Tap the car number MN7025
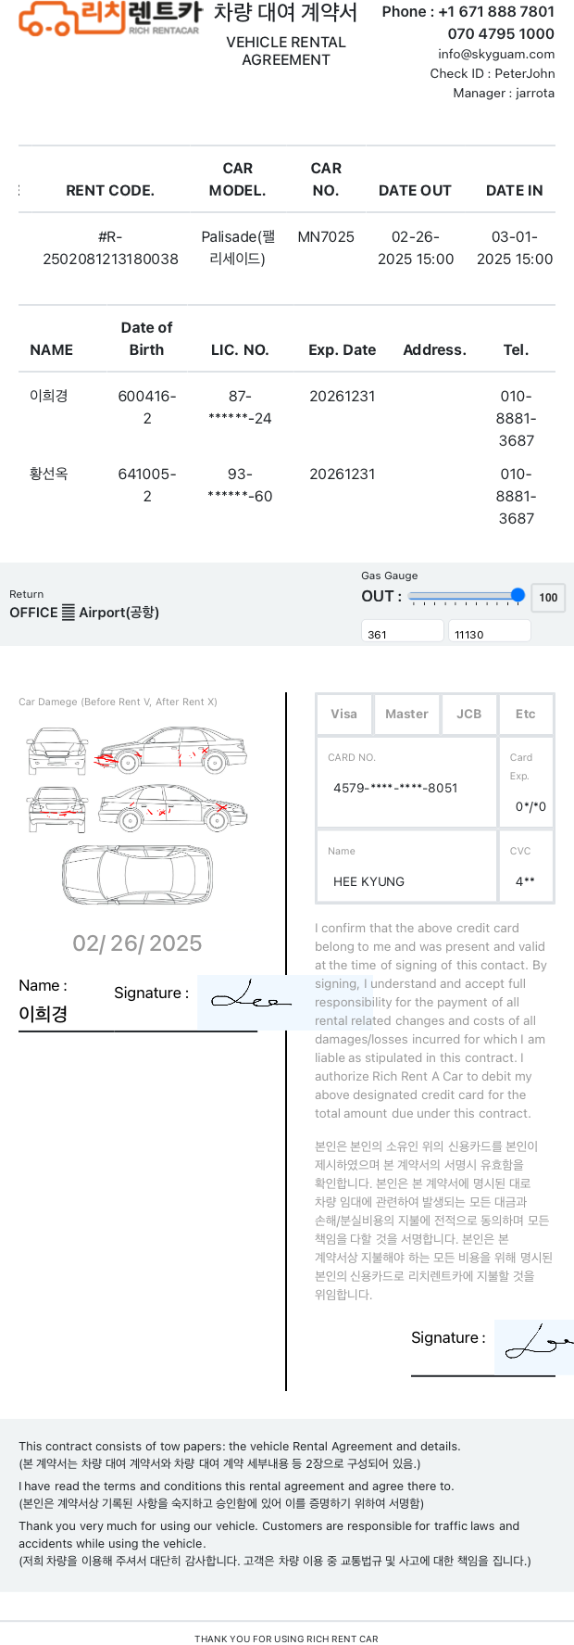point(326,237)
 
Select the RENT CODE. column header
point(110,191)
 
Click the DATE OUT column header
point(415,191)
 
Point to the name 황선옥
point(49,474)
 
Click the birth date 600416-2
point(147,407)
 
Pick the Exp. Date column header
point(343,350)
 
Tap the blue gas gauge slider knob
point(518,596)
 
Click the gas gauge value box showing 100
point(548,598)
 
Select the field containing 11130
point(489,634)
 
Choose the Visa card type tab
point(343,715)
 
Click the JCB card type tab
point(469,715)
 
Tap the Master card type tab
point(406,715)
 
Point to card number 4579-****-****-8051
point(395,789)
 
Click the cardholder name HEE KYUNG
point(368,882)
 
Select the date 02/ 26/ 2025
point(137,943)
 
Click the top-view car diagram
point(136,874)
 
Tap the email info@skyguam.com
point(496,55)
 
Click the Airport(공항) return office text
point(119,613)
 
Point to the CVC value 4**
point(525,882)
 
